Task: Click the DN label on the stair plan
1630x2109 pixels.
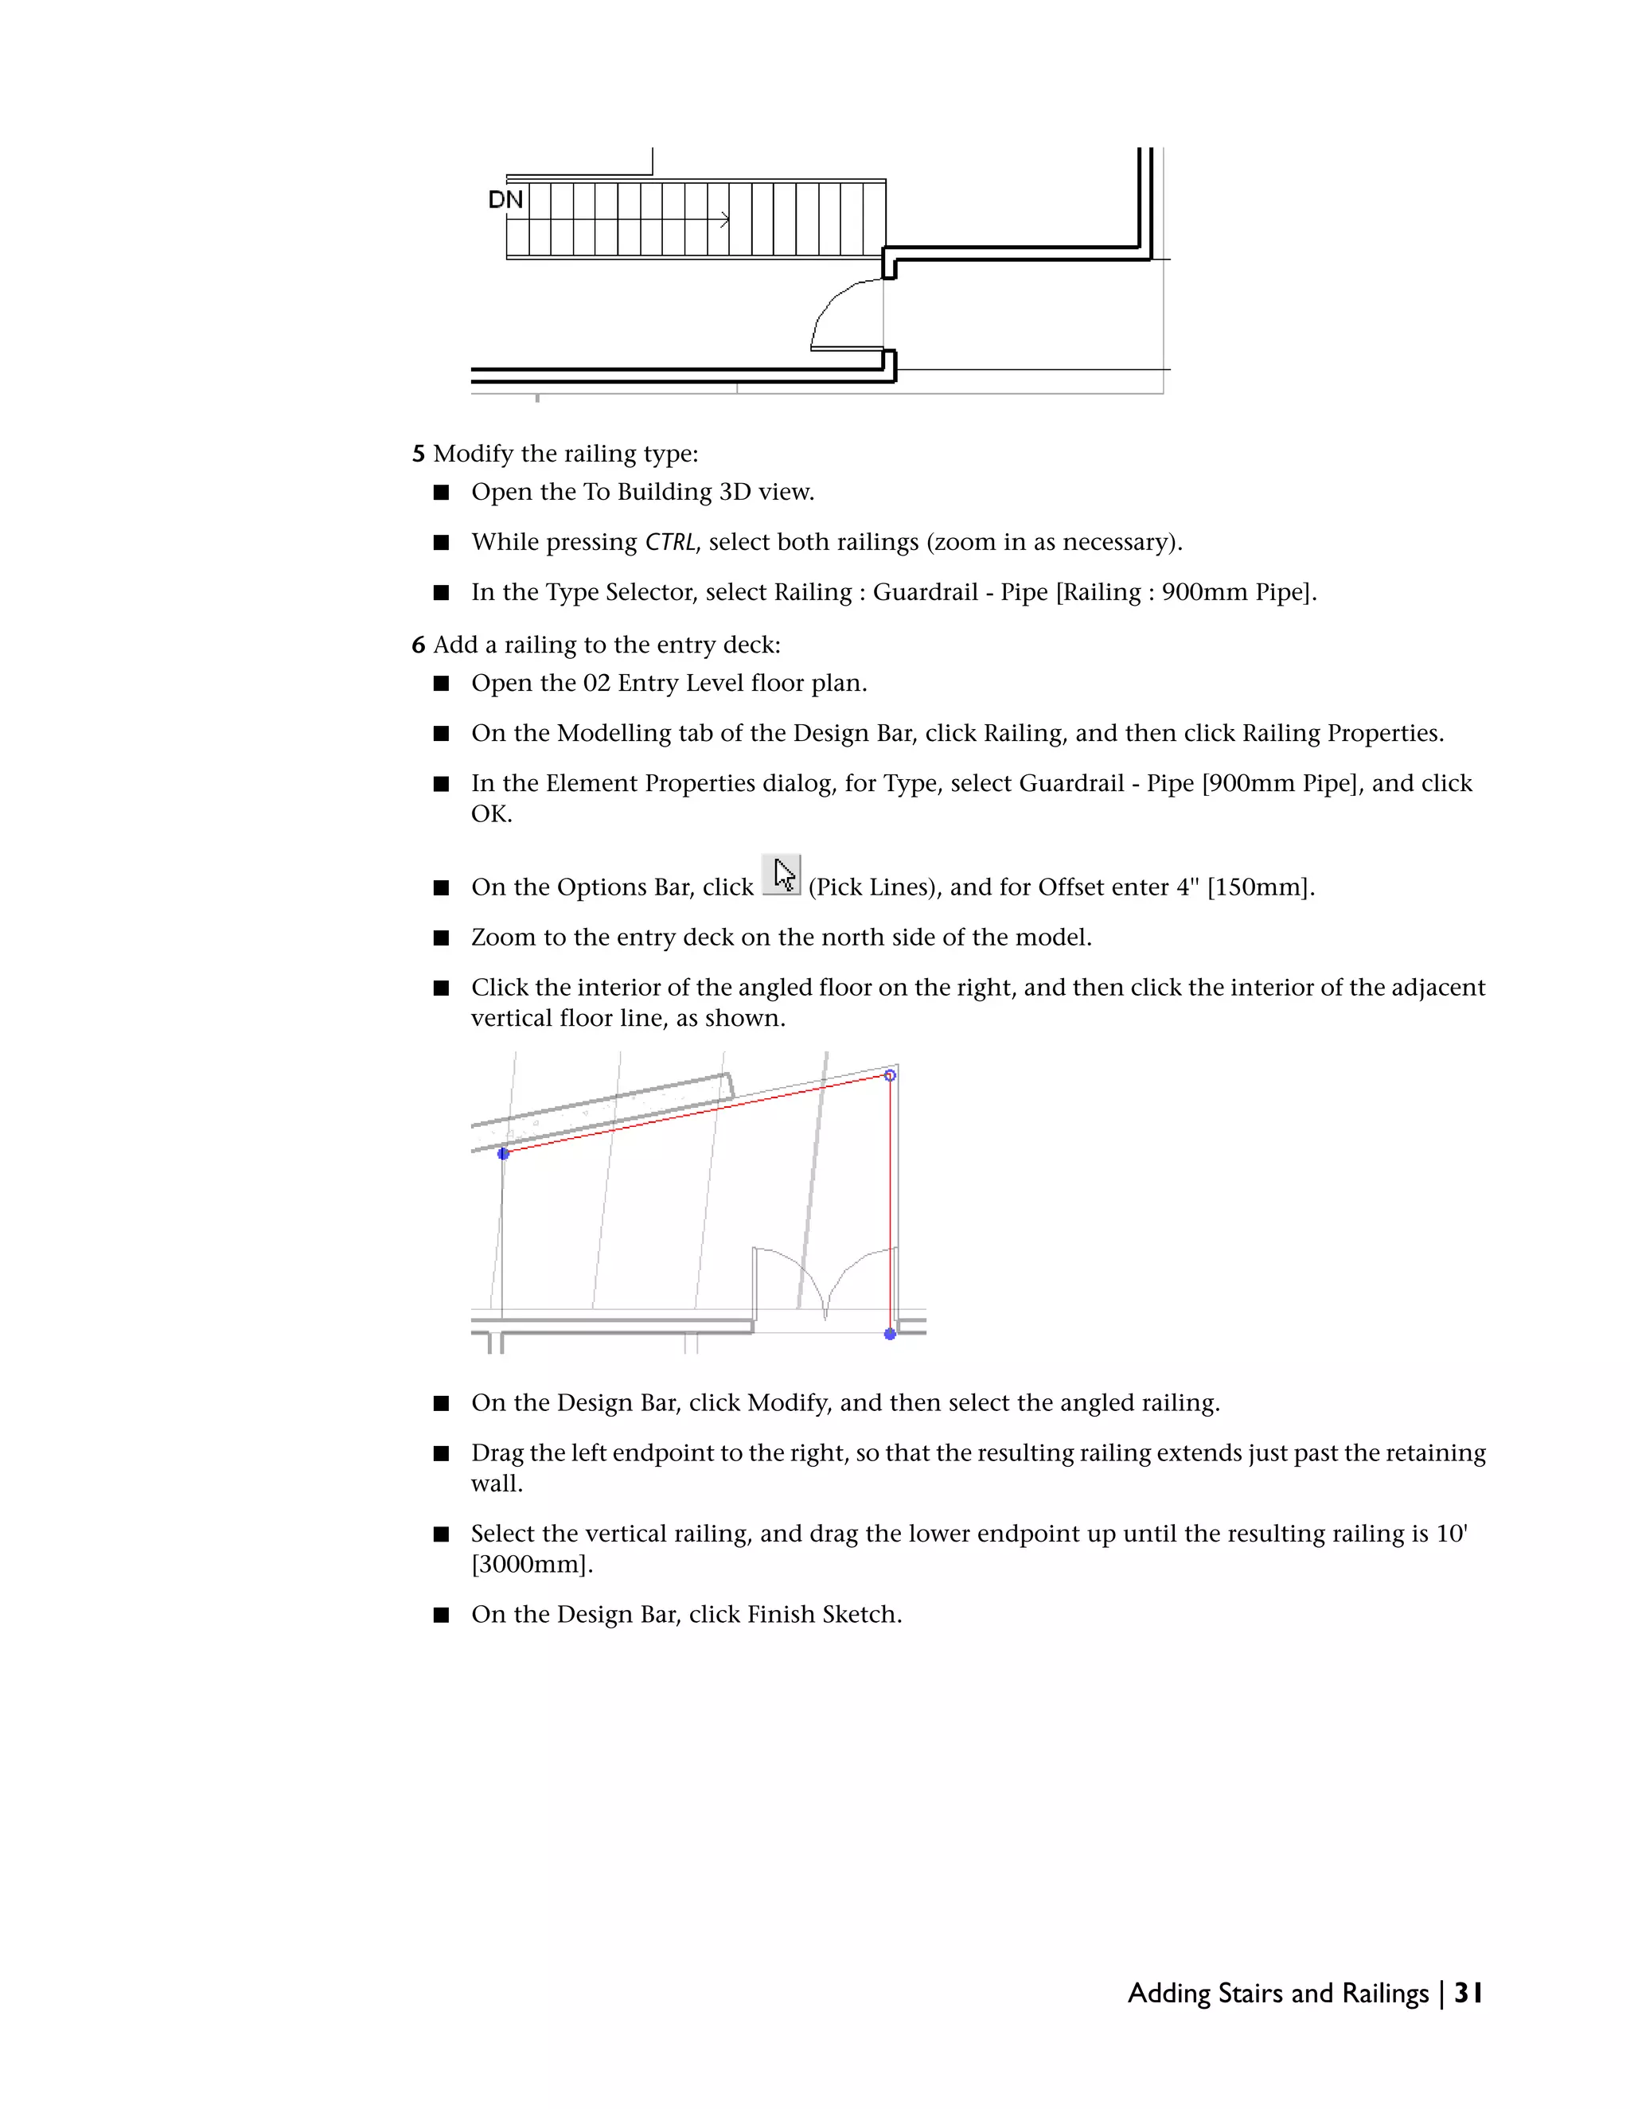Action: [505, 200]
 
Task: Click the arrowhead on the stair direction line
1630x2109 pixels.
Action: [725, 221]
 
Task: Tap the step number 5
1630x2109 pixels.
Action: [418, 454]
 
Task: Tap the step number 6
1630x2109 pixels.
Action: [418, 645]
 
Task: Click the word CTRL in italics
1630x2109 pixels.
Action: [670, 543]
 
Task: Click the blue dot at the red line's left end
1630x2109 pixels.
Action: [503, 1153]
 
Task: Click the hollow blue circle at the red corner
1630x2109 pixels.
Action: [891, 1074]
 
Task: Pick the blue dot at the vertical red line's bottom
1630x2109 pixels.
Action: [891, 1334]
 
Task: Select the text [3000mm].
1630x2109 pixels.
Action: [531, 1565]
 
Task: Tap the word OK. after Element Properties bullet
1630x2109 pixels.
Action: [490, 814]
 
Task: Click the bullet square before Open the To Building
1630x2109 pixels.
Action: [441, 493]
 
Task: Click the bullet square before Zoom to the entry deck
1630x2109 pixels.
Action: [441, 938]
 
